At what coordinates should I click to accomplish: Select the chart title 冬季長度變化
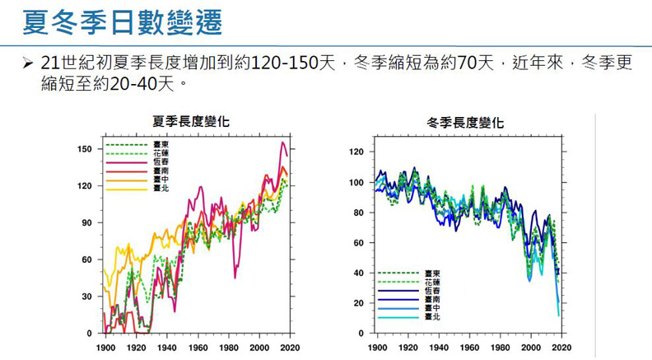(x=465, y=123)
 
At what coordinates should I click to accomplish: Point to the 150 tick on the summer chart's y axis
(x=85, y=149)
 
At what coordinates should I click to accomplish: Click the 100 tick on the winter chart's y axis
(x=357, y=182)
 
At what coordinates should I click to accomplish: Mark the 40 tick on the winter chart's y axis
(x=360, y=273)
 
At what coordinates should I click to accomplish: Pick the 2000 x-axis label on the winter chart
(x=531, y=348)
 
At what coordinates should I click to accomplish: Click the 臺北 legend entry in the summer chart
(x=161, y=188)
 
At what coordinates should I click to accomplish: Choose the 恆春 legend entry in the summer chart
(x=161, y=162)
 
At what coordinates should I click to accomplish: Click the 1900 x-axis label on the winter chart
(x=377, y=348)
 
